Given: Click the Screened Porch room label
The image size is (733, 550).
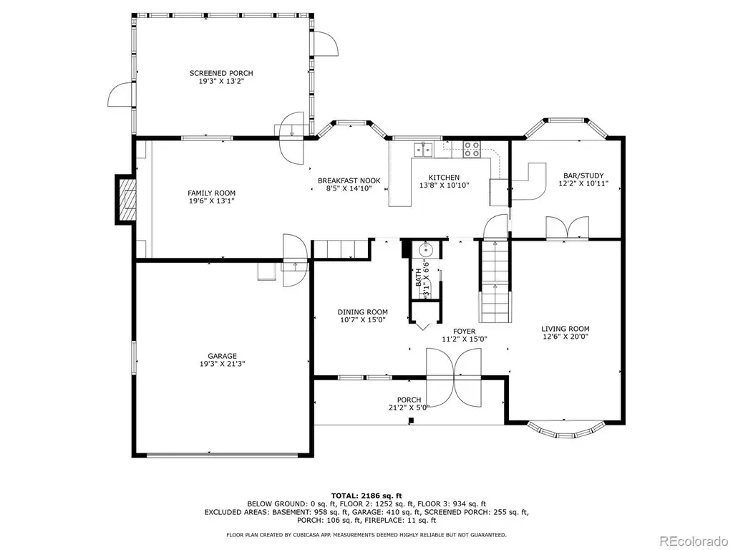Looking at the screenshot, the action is tap(221, 73).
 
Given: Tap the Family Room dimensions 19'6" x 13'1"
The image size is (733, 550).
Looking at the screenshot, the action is tap(211, 201).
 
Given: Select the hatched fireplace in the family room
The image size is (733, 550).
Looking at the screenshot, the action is tap(127, 200).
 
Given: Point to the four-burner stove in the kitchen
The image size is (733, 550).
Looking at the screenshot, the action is tap(471, 149).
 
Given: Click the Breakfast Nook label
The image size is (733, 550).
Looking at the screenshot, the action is tap(349, 180).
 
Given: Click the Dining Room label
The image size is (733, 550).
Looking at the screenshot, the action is tap(362, 312).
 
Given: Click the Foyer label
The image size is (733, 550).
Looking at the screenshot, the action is tap(464, 331).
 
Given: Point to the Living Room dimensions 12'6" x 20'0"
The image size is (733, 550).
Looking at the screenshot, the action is tap(565, 337).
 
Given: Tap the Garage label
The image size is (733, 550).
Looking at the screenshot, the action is tap(222, 356).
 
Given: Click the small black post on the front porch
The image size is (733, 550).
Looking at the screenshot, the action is tap(411, 420).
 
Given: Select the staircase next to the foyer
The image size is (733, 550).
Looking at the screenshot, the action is tap(495, 281).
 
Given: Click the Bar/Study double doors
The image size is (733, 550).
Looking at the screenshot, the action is tap(567, 228).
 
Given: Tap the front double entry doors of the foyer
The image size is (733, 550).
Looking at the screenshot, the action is tap(453, 377).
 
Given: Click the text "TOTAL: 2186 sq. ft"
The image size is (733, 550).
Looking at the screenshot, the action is tap(366, 496).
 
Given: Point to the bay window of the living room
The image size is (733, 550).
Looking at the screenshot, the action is tap(565, 430).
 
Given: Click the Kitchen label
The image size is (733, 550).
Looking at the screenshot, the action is tap(444, 178).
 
